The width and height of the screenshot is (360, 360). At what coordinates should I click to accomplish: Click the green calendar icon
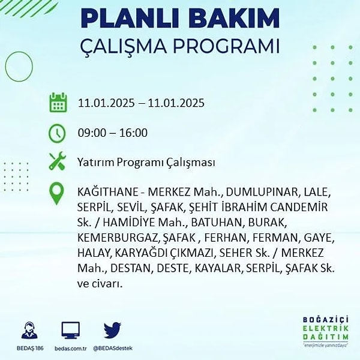coord(58,103)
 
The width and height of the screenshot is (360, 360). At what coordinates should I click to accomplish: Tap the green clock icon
coord(57,133)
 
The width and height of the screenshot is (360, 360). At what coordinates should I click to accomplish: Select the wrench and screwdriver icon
coord(58,161)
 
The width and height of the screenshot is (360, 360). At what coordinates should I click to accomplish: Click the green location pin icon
coord(56,193)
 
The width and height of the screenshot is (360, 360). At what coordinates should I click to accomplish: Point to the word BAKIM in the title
coord(234,19)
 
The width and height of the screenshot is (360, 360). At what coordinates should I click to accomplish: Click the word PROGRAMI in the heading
coord(226,46)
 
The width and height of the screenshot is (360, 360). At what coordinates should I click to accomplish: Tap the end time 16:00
coord(133,133)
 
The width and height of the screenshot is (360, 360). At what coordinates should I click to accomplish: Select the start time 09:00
coord(92,133)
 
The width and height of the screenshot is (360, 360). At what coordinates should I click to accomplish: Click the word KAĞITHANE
coord(107,192)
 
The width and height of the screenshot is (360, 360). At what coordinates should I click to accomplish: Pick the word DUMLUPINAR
coord(262,192)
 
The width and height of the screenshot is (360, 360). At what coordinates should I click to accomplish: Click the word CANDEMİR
coord(299,207)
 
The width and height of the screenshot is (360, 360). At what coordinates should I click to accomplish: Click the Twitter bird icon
coord(112,330)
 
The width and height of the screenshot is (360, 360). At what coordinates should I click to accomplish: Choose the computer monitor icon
coord(71,330)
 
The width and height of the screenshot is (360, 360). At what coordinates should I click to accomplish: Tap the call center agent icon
coord(29,330)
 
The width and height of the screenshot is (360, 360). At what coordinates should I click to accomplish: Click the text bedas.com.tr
coord(71,348)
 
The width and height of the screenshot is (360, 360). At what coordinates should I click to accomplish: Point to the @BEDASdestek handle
coord(113,348)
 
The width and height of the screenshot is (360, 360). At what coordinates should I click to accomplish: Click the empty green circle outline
coord(5,67)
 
